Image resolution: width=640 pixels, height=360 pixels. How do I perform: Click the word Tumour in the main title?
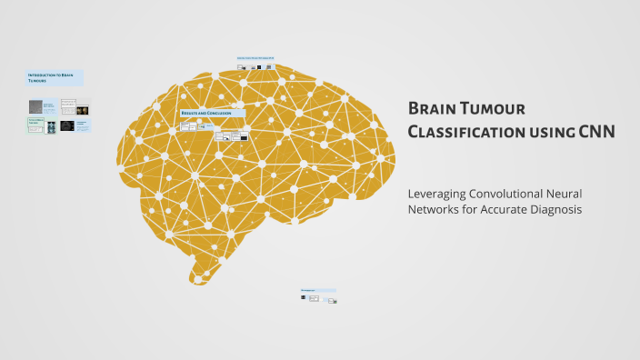click(496, 109)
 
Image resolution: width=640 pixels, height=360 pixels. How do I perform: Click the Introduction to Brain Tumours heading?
click(55, 78)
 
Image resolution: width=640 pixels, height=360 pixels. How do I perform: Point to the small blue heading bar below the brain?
click(318, 291)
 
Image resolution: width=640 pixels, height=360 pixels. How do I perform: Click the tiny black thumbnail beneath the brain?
click(305, 298)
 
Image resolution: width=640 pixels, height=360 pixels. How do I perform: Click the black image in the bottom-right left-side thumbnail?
click(67, 126)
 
